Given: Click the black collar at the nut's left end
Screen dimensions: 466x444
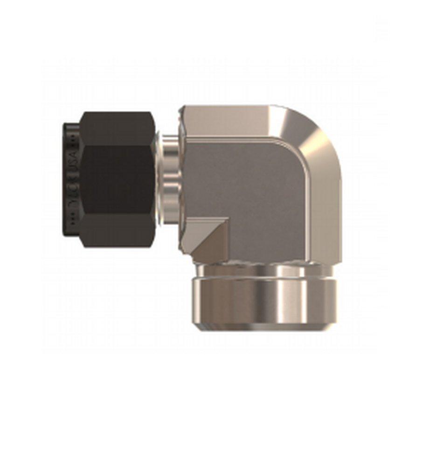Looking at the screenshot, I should pyautogui.click(x=71, y=179).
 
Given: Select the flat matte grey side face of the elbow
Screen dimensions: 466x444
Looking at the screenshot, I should pyautogui.click(x=243, y=186).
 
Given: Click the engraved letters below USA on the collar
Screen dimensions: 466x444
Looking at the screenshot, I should pyautogui.click(x=72, y=196).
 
